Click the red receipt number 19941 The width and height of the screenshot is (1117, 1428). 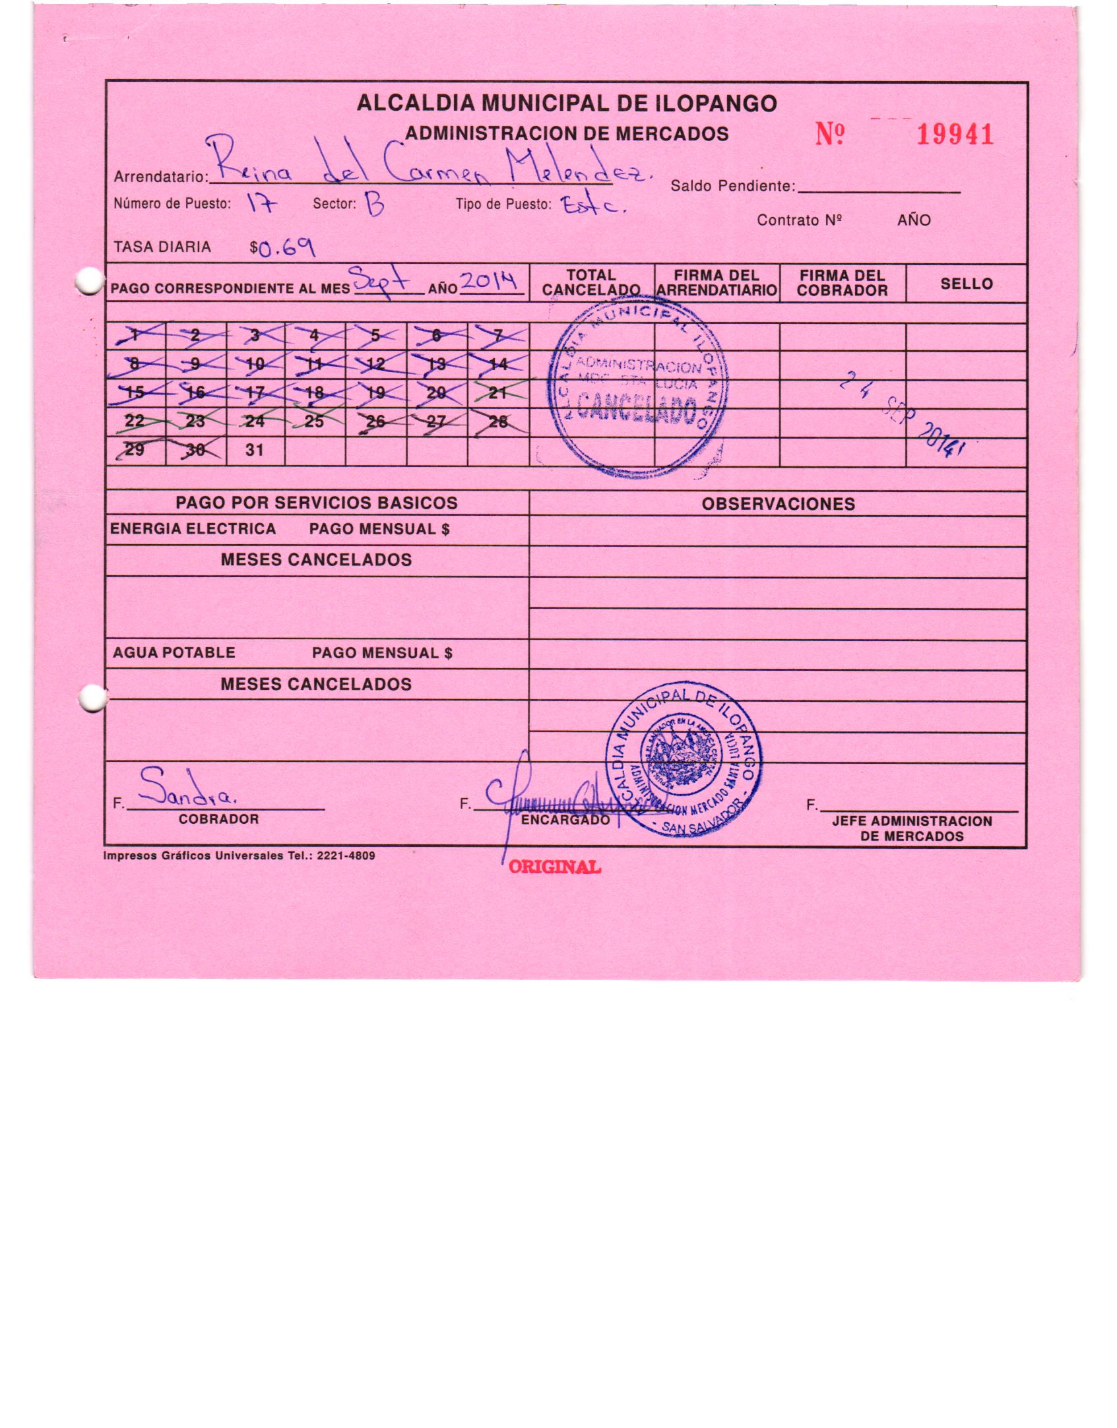(x=955, y=135)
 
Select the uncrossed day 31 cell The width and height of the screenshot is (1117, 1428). (x=255, y=450)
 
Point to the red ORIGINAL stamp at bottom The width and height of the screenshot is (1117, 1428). (x=554, y=867)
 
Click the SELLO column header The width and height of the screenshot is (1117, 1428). (x=966, y=284)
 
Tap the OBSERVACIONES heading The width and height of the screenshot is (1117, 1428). (x=778, y=504)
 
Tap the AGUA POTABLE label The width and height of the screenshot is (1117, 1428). (x=174, y=652)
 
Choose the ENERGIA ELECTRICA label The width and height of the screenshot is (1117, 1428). (x=193, y=529)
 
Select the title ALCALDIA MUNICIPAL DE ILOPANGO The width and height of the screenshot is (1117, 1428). (x=566, y=103)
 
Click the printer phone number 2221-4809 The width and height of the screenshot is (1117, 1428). (x=346, y=856)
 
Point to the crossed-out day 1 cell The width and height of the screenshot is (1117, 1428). (x=135, y=336)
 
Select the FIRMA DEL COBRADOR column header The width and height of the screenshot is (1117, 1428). (x=842, y=283)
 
